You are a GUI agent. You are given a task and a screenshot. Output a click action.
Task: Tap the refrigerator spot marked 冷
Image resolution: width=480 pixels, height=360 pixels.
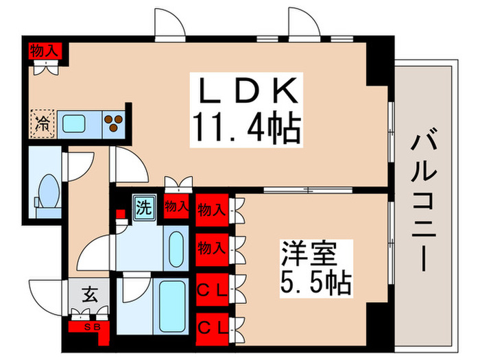43,124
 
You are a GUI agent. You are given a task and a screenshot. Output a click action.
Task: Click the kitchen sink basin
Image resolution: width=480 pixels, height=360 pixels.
74,124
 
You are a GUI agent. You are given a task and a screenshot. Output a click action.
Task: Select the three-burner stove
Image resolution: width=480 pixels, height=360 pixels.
114,123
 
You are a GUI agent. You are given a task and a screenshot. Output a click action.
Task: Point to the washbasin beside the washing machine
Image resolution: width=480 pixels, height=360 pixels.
175,245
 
